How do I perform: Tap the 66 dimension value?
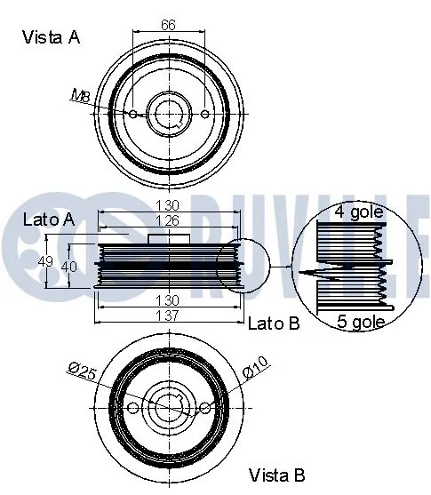point(167,26)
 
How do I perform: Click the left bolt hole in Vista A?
point(133,115)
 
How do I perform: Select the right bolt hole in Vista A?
point(206,115)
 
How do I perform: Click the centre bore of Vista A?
point(170,113)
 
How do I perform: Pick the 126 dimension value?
point(169,220)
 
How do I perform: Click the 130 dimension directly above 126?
point(169,205)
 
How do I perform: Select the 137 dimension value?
point(169,315)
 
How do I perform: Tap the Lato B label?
point(274,323)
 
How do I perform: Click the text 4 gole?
point(360,212)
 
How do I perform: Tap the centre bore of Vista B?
point(170,406)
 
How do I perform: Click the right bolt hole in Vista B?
point(206,407)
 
